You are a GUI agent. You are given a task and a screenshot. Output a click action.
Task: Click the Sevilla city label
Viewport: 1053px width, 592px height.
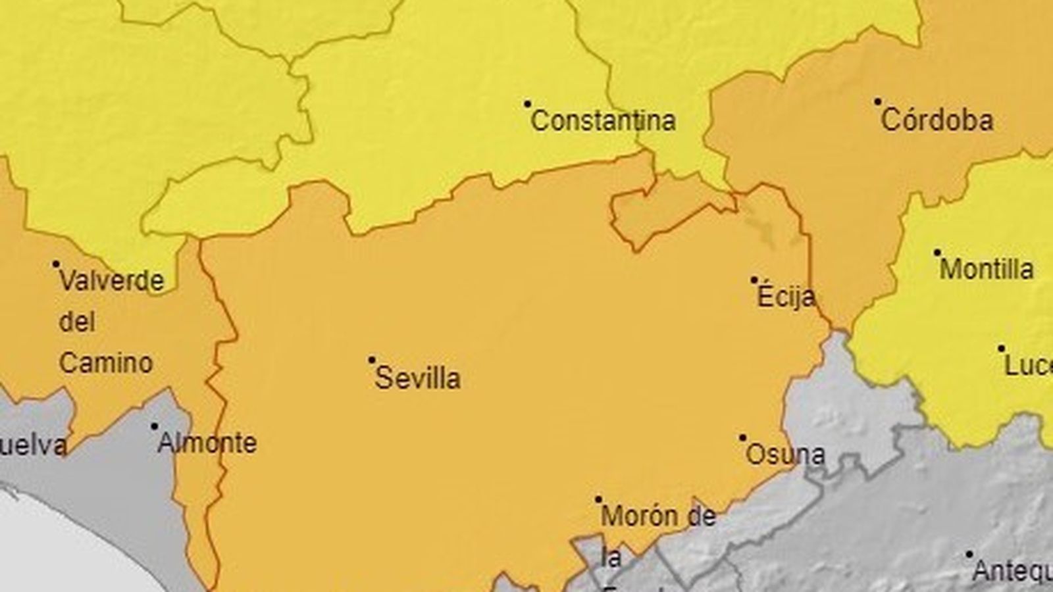tap(417, 378)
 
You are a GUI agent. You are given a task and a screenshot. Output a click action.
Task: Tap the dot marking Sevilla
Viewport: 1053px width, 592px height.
tap(371, 360)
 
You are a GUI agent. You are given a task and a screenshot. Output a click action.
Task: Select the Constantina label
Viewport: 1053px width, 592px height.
tap(603, 120)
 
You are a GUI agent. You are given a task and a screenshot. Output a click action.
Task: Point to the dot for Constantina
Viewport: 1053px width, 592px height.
tap(527, 103)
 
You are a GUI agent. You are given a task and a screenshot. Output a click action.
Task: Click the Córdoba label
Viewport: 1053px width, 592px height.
tap(937, 120)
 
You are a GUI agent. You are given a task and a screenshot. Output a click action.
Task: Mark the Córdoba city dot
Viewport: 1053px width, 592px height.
tap(877, 102)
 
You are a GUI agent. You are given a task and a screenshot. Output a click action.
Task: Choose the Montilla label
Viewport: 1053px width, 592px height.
tap(987, 269)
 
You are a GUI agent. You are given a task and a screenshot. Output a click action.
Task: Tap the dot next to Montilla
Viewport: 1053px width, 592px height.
tap(937, 252)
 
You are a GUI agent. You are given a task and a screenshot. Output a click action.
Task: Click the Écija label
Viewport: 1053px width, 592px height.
tap(786, 297)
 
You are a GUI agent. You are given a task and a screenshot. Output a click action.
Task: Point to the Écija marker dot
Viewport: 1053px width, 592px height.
tap(754, 280)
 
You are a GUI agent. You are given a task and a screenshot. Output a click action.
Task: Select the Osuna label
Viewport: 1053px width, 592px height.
tap(784, 455)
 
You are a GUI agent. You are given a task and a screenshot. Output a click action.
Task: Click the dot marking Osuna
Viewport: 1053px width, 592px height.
tap(742, 437)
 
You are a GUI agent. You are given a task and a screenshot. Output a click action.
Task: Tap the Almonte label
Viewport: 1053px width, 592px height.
tap(207, 443)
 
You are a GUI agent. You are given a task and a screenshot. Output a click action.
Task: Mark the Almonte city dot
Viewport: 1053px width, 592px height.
tap(154, 426)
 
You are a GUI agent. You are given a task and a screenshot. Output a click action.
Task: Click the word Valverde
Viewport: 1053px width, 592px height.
tap(112, 281)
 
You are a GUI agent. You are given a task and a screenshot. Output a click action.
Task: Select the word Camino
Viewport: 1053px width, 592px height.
tap(106, 362)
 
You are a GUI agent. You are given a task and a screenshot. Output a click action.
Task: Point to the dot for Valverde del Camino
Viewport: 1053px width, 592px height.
tap(56, 264)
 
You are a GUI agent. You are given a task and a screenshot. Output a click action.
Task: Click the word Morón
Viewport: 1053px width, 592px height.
tap(638, 516)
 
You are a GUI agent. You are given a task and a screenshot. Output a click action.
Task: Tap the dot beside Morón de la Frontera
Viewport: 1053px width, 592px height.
tap(598, 499)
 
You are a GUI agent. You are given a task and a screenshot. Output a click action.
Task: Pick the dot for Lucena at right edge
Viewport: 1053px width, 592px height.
tap(1001, 348)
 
